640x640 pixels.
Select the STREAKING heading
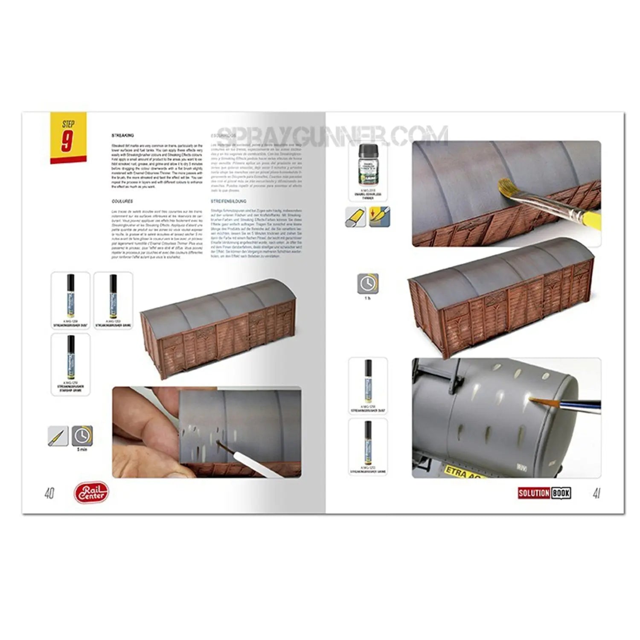point(122,135)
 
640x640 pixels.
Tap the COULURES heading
point(122,201)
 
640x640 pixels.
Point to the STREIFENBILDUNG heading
point(228,201)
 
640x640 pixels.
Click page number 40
point(49,494)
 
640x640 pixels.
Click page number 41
point(596,494)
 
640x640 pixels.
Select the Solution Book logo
point(544,493)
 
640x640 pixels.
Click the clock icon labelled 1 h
point(367,283)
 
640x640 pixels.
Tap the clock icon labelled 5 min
point(81,436)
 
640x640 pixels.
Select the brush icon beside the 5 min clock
point(58,436)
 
